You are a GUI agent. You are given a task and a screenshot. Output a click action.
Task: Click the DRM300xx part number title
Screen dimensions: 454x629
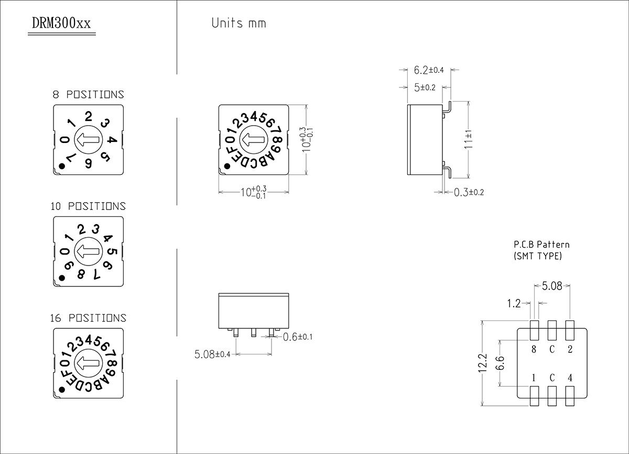(61, 24)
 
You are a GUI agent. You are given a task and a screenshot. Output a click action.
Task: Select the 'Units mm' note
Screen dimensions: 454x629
(238, 24)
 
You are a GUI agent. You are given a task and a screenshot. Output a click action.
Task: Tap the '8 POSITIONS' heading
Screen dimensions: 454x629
(88, 95)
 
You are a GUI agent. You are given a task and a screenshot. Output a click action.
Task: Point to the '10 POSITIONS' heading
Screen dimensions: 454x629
(88, 206)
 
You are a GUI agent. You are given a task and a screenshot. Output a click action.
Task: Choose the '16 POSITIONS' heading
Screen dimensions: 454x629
(88, 318)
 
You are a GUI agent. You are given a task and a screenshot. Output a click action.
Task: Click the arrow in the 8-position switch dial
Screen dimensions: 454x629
(88, 140)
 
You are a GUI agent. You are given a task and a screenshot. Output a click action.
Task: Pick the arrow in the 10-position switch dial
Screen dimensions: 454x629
(88, 251)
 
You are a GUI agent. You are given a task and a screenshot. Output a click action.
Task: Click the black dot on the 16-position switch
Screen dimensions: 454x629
(62, 390)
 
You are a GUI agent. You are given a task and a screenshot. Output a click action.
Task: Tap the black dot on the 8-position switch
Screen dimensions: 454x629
(62, 167)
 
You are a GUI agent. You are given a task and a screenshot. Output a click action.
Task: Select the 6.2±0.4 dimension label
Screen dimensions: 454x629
(429, 70)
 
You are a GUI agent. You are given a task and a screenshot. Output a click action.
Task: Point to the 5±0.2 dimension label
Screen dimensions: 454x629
(425, 87)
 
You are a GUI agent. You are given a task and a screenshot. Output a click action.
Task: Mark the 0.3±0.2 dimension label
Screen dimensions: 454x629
(469, 192)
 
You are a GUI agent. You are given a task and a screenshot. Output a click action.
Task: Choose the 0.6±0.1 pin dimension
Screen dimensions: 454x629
(297, 337)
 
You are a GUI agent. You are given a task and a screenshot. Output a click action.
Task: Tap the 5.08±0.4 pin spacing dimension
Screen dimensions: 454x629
(212, 355)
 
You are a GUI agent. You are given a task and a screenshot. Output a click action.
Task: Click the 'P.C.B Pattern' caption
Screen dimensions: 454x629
(541, 245)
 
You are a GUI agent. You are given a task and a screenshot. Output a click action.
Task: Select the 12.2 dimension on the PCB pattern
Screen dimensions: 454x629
(483, 363)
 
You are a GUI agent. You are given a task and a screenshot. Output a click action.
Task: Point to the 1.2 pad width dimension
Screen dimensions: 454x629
(514, 303)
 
